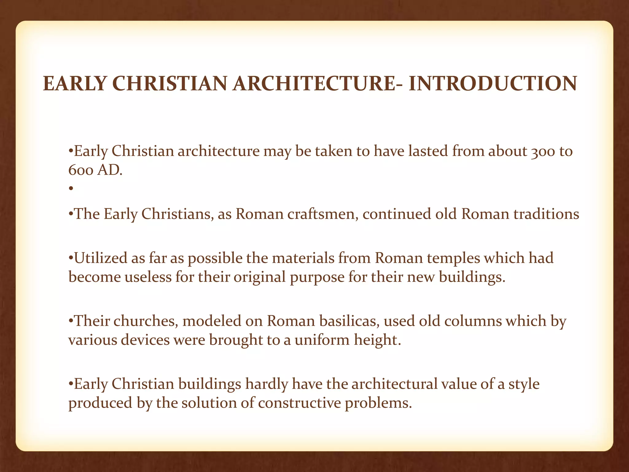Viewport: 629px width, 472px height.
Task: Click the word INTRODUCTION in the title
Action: [x=493, y=84]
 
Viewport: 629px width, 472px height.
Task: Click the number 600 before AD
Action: [x=81, y=170]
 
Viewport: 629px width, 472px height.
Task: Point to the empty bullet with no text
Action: [x=71, y=189]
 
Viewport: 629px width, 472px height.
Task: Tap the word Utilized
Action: [x=101, y=258]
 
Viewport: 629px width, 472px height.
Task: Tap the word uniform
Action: [x=322, y=340]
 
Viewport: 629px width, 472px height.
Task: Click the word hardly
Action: [x=266, y=384]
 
